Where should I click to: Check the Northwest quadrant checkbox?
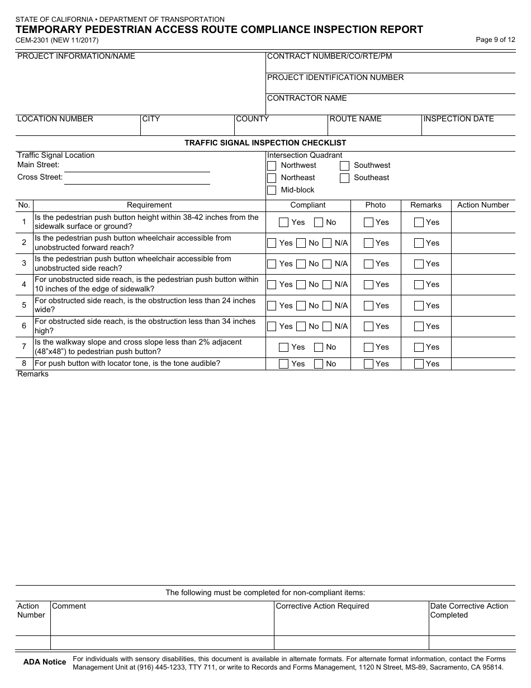272,166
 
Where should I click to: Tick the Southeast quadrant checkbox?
345,178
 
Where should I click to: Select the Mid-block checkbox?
272,190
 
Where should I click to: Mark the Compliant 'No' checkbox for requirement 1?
319,223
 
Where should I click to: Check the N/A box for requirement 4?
328,285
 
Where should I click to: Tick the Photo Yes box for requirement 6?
368,327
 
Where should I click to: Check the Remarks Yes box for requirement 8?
419,364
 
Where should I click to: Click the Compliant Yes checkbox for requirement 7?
284,347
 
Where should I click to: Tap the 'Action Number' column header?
483,205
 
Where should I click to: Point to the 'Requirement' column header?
149,205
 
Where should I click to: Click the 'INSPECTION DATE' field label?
458,119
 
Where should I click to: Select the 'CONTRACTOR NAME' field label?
307,98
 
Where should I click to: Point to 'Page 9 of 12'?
495,40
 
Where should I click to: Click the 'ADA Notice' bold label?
45,662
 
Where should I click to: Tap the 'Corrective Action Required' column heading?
323,606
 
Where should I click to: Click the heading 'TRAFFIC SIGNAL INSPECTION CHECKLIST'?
265,143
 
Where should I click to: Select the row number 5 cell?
24,305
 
